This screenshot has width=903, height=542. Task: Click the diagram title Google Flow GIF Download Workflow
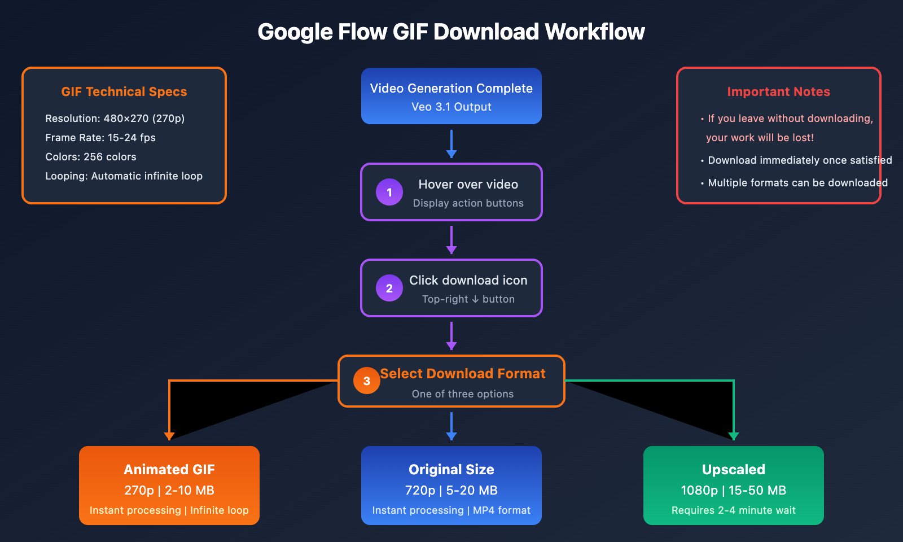tap(451, 32)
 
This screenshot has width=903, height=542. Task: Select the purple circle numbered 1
tap(389, 192)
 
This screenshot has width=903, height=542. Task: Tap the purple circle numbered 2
tap(389, 288)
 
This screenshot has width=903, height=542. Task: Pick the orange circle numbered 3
tap(367, 381)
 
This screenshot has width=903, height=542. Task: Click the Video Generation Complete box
tap(451, 96)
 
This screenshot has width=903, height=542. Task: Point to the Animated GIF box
tap(169, 486)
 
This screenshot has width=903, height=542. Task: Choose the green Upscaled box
tap(734, 486)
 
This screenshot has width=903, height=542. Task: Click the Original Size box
tap(451, 486)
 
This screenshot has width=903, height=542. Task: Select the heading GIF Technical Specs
tap(124, 91)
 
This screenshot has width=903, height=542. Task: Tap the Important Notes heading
tap(778, 91)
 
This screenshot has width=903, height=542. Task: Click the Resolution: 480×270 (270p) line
tap(115, 119)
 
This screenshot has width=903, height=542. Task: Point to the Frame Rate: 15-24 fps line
tap(100, 138)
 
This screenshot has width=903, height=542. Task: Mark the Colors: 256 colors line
tap(91, 157)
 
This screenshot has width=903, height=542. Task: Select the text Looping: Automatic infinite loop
tap(124, 176)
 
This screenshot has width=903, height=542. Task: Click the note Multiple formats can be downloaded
tap(797, 183)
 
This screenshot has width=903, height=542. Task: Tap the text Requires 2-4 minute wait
tap(734, 510)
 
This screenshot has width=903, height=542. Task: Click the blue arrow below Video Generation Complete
tap(451, 144)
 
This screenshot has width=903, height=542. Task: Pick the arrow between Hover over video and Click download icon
tap(451, 240)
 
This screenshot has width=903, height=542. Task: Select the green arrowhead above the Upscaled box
tap(734, 436)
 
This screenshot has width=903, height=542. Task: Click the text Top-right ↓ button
tap(468, 299)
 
